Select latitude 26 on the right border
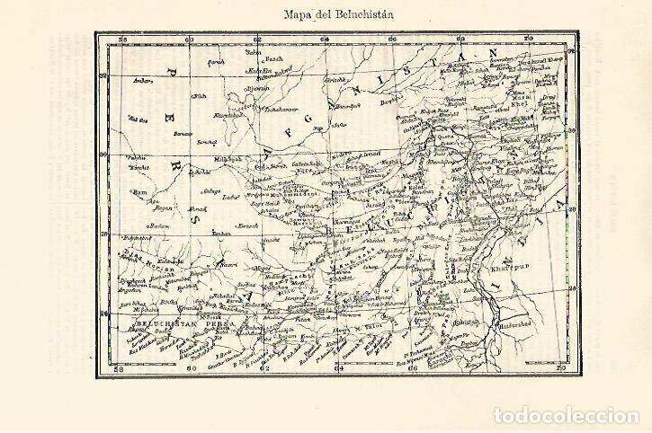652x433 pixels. (x=571, y=289)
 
